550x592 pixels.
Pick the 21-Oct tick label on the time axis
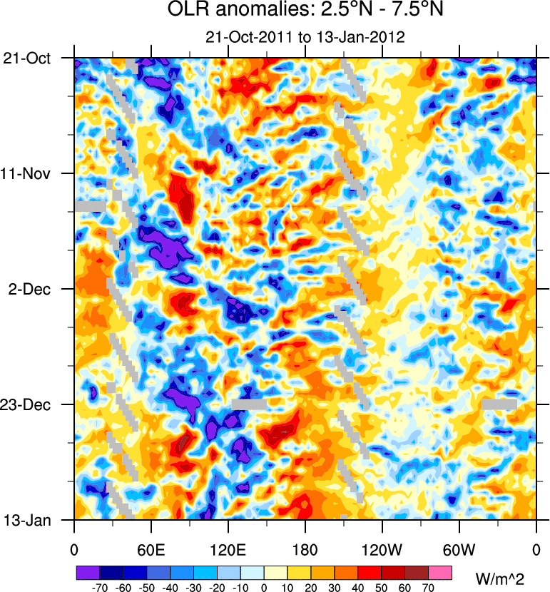click(27, 58)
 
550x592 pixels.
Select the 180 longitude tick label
click(305, 549)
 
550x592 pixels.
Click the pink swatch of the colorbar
click(441, 573)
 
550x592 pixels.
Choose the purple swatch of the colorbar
click(88, 573)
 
